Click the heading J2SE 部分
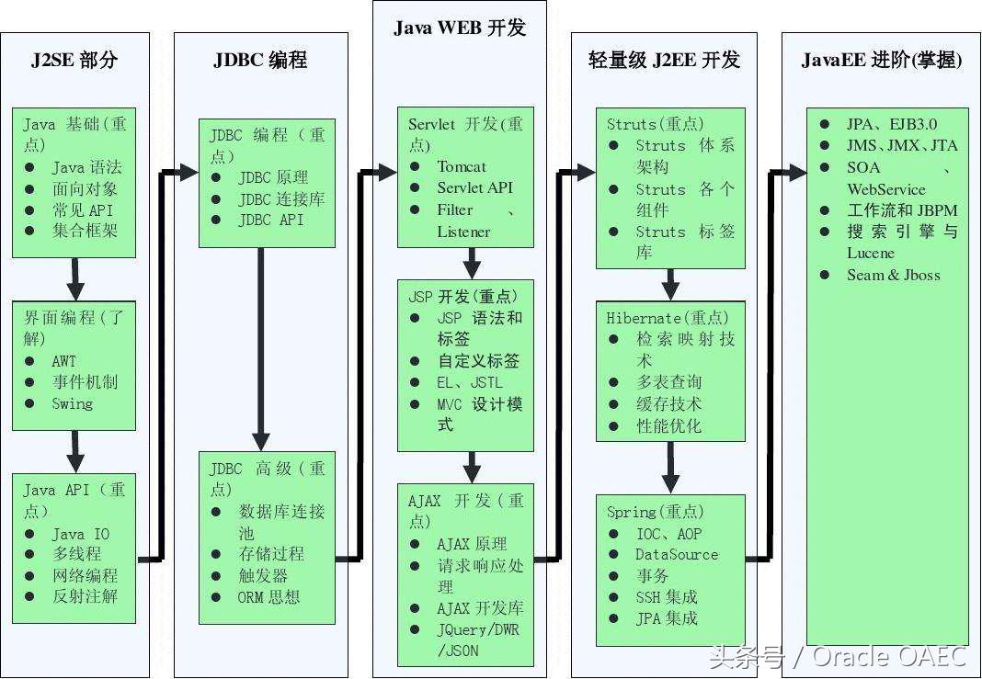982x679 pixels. tap(74, 61)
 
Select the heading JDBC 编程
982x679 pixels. tap(260, 61)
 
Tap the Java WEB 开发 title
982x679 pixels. tap(460, 28)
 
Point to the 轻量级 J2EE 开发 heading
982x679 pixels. tap(664, 61)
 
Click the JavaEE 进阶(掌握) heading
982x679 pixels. tap(881, 61)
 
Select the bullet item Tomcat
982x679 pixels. tap(462, 166)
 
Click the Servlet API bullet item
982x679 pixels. tap(474, 187)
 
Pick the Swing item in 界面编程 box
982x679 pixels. tap(72, 403)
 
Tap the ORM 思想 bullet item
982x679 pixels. tap(268, 597)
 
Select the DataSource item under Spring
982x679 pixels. tap(677, 554)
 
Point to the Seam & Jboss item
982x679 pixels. tap(893, 275)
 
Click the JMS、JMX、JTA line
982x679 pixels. tap(901, 145)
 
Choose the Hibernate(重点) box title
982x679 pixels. tap(668, 318)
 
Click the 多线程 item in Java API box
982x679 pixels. tap(76, 554)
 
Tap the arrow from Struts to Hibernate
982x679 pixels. tap(670, 284)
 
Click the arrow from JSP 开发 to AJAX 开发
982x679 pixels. tap(472, 466)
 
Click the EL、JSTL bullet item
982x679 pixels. tap(469, 382)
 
